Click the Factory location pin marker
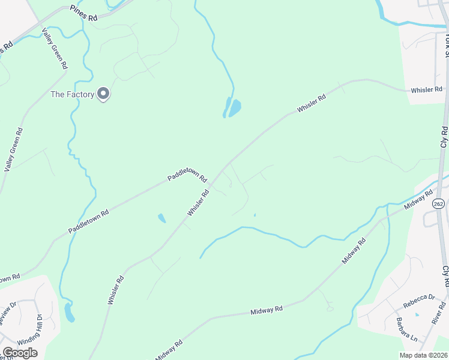tap(103, 94)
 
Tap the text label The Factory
tap(73, 94)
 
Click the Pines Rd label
tap(83, 13)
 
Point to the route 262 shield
tap(438, 204)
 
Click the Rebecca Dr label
tap(419, 298)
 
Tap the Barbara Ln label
tap(406, 326)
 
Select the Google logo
tap(20, 352)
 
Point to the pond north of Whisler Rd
tap(232, 108)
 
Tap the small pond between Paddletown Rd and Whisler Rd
tap(161, 218)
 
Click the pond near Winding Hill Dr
tap(70, 312)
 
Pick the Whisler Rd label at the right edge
tap(426, 90)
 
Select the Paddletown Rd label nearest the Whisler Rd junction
tap(187, 175)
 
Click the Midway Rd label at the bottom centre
tap(267, 310)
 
